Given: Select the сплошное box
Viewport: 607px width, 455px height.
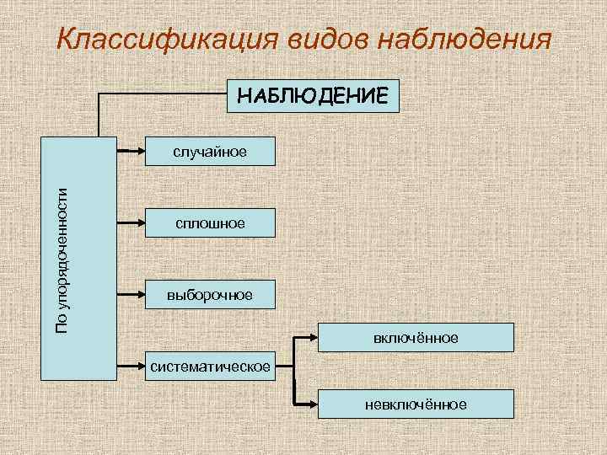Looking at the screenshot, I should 211,222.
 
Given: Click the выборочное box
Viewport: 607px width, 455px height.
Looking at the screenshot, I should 211,294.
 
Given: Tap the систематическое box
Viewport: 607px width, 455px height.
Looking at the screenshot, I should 211,366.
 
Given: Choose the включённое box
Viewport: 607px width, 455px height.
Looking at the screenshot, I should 416,337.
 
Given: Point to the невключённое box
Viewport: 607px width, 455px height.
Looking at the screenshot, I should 416,404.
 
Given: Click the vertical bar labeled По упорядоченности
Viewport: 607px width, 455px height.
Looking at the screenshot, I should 78,257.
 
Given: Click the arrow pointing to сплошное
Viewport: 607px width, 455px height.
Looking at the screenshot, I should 131,222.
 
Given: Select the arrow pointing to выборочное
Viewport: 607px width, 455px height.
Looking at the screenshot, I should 131,294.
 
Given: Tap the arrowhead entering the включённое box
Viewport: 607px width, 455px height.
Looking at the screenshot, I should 312,337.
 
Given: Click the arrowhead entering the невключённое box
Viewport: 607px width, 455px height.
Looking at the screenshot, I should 312,404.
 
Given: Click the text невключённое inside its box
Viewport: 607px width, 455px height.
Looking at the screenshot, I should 416,404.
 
